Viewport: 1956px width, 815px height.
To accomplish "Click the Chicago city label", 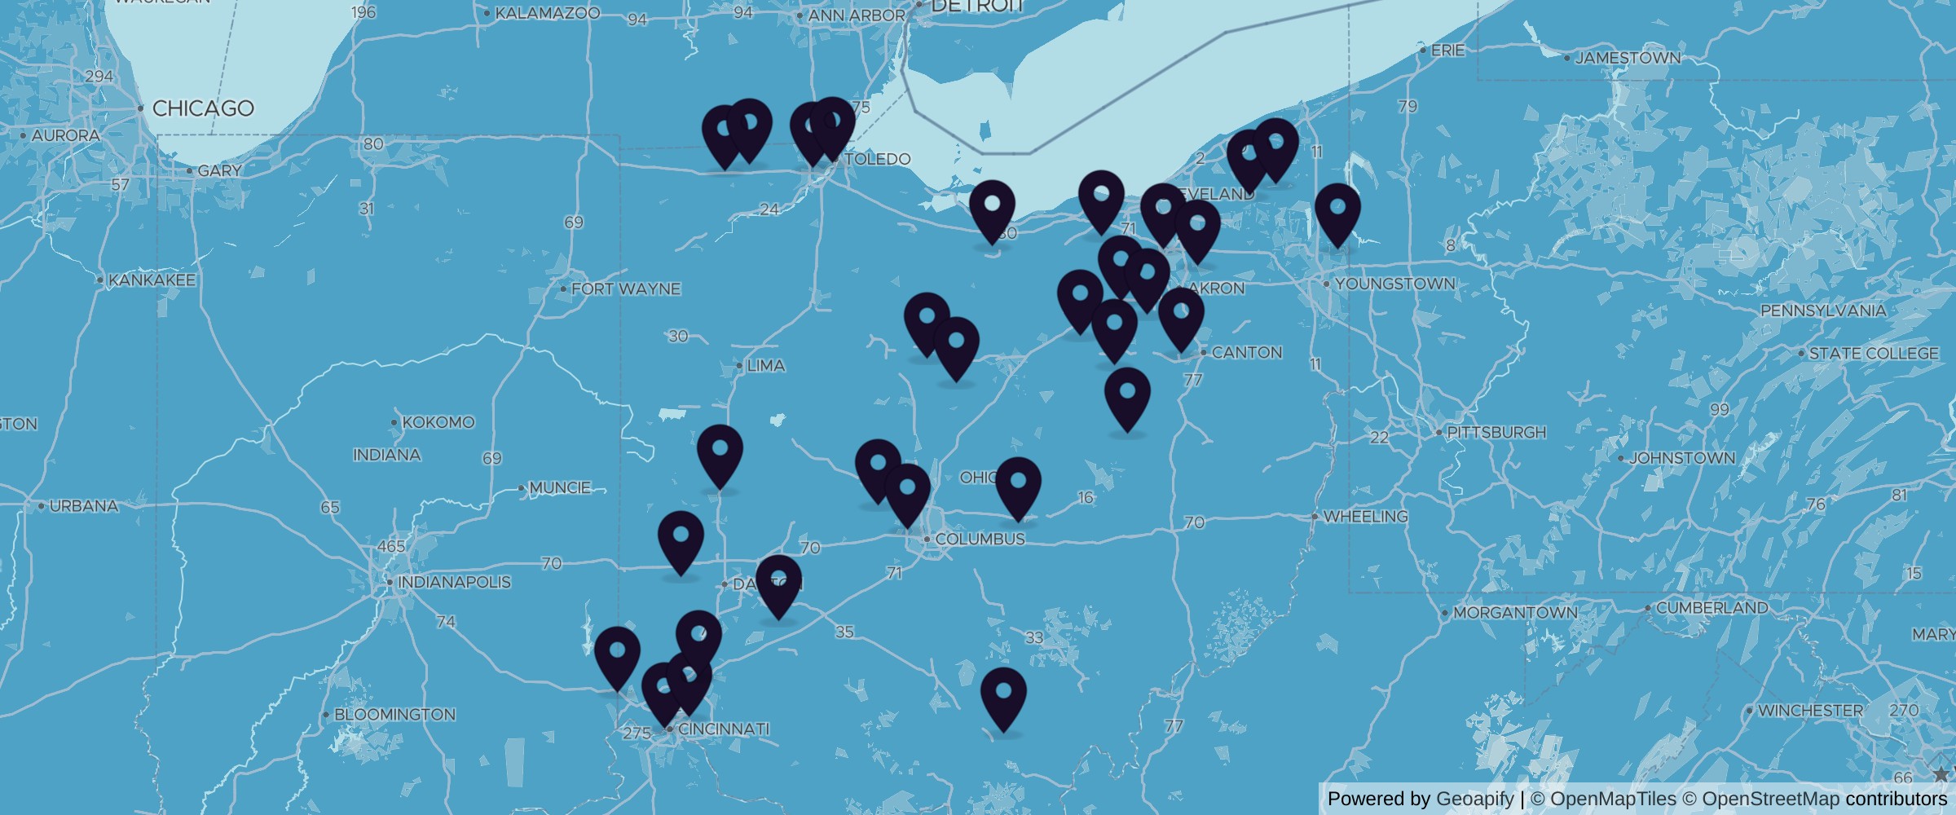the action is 203,108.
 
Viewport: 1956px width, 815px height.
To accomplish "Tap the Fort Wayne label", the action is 625,289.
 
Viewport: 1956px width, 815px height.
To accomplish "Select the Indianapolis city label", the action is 454,582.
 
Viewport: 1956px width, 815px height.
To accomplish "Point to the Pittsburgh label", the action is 1496,432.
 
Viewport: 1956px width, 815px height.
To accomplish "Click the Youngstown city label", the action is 1394,284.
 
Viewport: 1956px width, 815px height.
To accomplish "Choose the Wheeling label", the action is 1365,517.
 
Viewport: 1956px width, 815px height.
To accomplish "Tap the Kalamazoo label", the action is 547,13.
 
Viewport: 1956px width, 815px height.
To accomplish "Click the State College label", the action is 1873,354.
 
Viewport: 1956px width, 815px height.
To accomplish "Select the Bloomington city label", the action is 394,715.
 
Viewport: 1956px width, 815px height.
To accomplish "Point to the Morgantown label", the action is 1515,612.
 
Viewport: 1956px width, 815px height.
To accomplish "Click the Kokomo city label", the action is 438,422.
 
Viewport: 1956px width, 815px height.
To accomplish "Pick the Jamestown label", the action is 1628,58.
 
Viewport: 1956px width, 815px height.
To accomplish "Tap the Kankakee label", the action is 152,280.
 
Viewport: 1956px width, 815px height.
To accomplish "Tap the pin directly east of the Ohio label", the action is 1018,487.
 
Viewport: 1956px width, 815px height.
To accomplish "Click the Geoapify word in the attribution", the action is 1474,799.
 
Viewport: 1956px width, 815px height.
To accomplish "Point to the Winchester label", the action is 1809,711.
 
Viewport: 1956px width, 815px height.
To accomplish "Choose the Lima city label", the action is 765,366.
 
